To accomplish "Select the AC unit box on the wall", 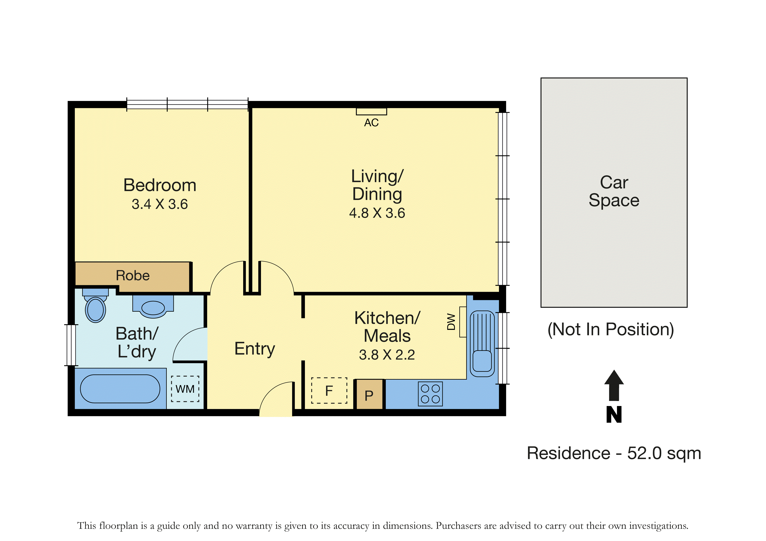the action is tap(371, 111).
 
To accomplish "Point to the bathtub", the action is tap(120, 389).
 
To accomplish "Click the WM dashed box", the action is tap(185, 389).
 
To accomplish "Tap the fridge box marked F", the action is tap(329, 390).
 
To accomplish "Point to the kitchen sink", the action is tap(482, 344).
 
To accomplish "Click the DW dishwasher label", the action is tap(451, 322).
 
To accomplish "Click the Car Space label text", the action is tap(614, 191).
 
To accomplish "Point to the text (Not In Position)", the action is tap(611, 329).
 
